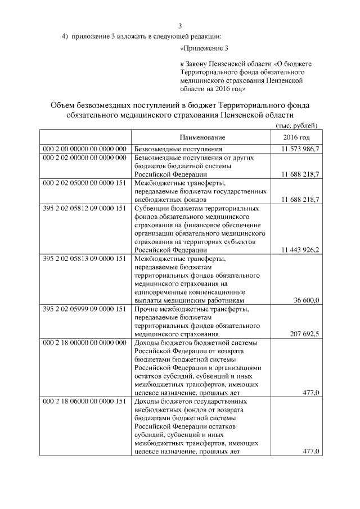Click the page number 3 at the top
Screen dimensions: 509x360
pyautogui.click(x=180, y=25)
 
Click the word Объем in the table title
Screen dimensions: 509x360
pyautogui.click(x=63, y=106)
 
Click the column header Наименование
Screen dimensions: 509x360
pyautogui.click(x=202, y=138)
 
